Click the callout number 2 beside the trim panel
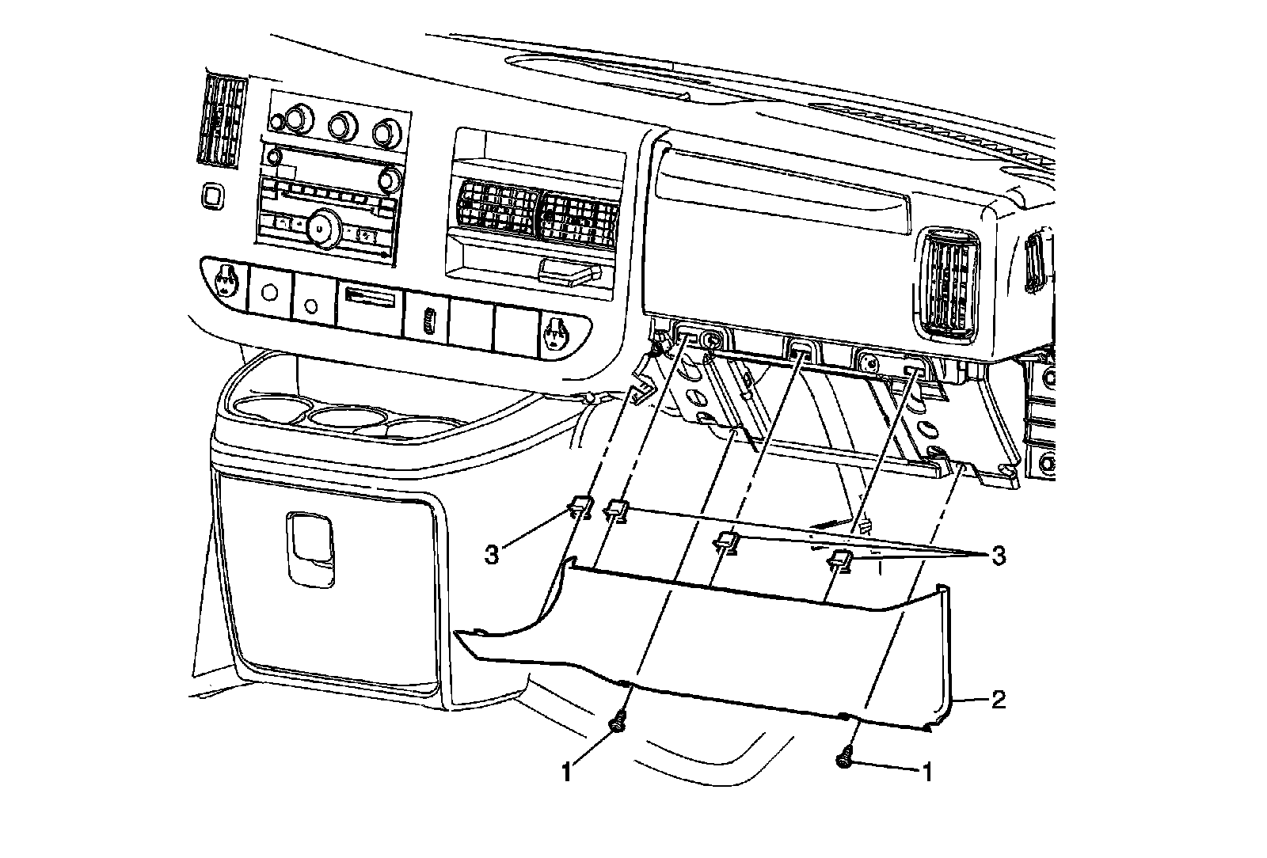coord(999,700)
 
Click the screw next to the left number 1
coord(617,723)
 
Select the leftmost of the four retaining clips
coord(580,505)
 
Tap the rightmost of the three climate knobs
coord(387,131)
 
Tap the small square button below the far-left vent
coord(211,195)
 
